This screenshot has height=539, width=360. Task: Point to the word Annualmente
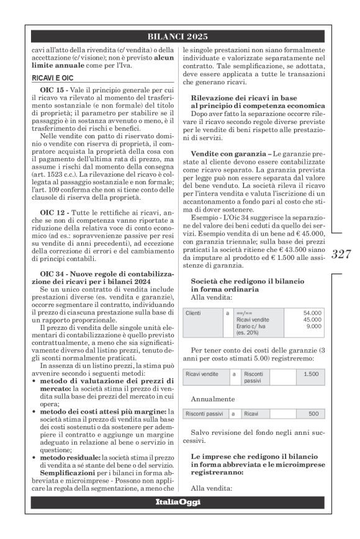click(x=213, y=399)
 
